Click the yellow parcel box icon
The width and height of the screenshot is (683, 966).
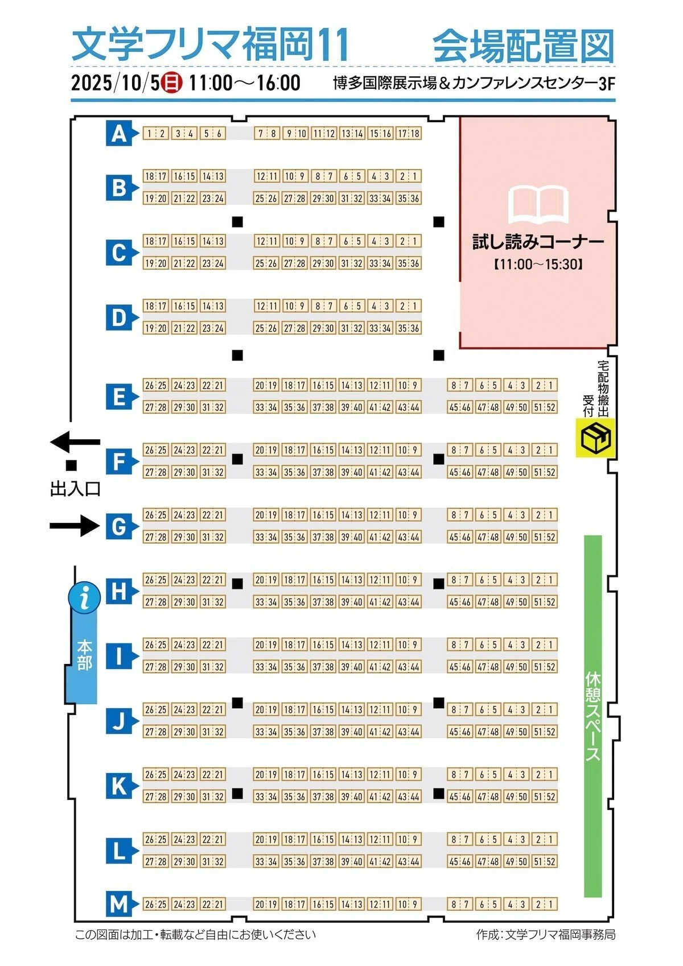(596, 437)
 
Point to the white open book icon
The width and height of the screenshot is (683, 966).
(538, 204)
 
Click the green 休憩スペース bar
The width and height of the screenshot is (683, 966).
(593, 716)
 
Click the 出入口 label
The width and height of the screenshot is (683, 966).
(76, 489)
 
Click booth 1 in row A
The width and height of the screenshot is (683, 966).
(150, 134)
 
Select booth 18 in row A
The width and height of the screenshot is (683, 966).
(415, 134)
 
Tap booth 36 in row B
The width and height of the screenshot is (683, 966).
(415, 199)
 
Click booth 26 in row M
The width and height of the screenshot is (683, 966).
(150, 904)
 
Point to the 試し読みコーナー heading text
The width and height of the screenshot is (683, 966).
(538, 242)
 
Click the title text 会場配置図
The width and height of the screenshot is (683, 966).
(524, 46)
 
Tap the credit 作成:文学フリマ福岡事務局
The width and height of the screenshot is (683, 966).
(546, 935)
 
